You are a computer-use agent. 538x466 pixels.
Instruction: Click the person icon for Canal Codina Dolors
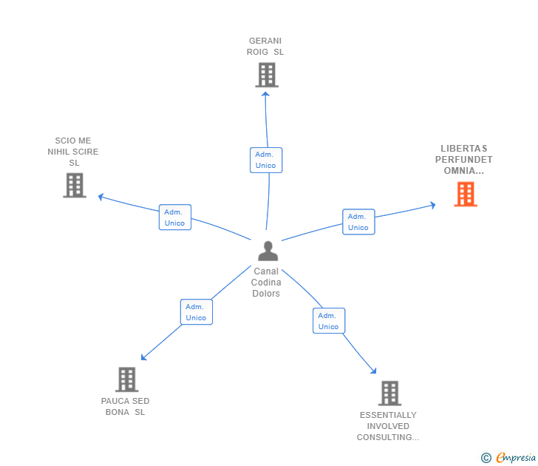(268, 251)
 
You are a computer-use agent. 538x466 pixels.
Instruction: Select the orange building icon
(465, 194)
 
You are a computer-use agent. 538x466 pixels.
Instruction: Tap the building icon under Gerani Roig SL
(266, 75)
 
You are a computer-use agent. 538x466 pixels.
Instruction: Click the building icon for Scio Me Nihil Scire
(75, 185)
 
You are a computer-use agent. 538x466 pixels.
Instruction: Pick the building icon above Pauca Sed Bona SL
(127, 379)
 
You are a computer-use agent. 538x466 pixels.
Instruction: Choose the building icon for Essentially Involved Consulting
(389, 393)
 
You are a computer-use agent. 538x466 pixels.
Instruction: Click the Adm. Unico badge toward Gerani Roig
(266, 160)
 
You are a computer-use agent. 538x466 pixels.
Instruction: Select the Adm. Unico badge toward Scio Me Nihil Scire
(175, 217)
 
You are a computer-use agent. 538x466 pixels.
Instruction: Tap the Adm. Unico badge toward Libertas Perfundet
(358, 222)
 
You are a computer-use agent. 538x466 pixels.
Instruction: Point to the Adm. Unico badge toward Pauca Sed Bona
(196, 312)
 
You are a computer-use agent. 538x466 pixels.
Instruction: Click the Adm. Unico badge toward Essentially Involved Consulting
(328, 321)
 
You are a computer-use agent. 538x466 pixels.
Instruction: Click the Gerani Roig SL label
(265, 47)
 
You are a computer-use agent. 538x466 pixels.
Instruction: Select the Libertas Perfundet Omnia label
(464, 160)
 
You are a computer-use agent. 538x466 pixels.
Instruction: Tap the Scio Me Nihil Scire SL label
(73, 152)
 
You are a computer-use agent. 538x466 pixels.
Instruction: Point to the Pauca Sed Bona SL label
(126, 406)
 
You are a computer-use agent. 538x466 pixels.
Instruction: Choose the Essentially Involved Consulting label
(388, 426)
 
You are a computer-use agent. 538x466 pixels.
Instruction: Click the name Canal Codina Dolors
(266, 283)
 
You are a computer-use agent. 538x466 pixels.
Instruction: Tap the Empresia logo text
(515, 458)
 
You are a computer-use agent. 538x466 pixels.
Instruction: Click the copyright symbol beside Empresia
(486, 458)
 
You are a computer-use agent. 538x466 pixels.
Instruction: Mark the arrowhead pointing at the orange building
(433, 205)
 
